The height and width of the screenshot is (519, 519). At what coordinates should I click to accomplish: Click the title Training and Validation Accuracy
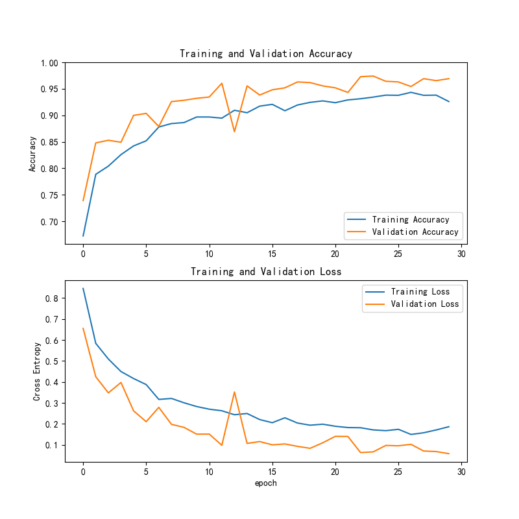(266, 54)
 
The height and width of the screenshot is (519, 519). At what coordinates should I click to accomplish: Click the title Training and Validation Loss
(266, 272)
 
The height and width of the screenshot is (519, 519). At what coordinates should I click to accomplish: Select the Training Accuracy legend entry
(411, 219)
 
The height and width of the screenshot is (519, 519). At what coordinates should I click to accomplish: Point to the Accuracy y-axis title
(32, 154)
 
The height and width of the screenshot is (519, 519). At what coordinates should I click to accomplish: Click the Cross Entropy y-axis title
(38, 372)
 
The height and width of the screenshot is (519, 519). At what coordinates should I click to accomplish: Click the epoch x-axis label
(266, 483)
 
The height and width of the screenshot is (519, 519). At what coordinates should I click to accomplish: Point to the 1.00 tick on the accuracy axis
(49, 63)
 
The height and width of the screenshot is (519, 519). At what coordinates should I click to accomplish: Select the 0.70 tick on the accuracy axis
(49, 222)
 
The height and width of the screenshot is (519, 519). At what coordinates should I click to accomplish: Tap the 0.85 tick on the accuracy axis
(49, 142)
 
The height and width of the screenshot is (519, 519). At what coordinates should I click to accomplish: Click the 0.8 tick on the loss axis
(52, 298)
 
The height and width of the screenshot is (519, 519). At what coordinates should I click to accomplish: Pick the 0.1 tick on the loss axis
(52, 445)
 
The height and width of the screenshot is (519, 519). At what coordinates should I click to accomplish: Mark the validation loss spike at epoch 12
(234, 392)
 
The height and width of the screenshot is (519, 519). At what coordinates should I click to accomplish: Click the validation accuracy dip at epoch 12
(234, 132)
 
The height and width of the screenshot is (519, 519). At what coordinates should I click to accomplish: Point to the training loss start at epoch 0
(83, 289)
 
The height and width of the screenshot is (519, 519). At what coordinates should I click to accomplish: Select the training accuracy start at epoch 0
(83, 235)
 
